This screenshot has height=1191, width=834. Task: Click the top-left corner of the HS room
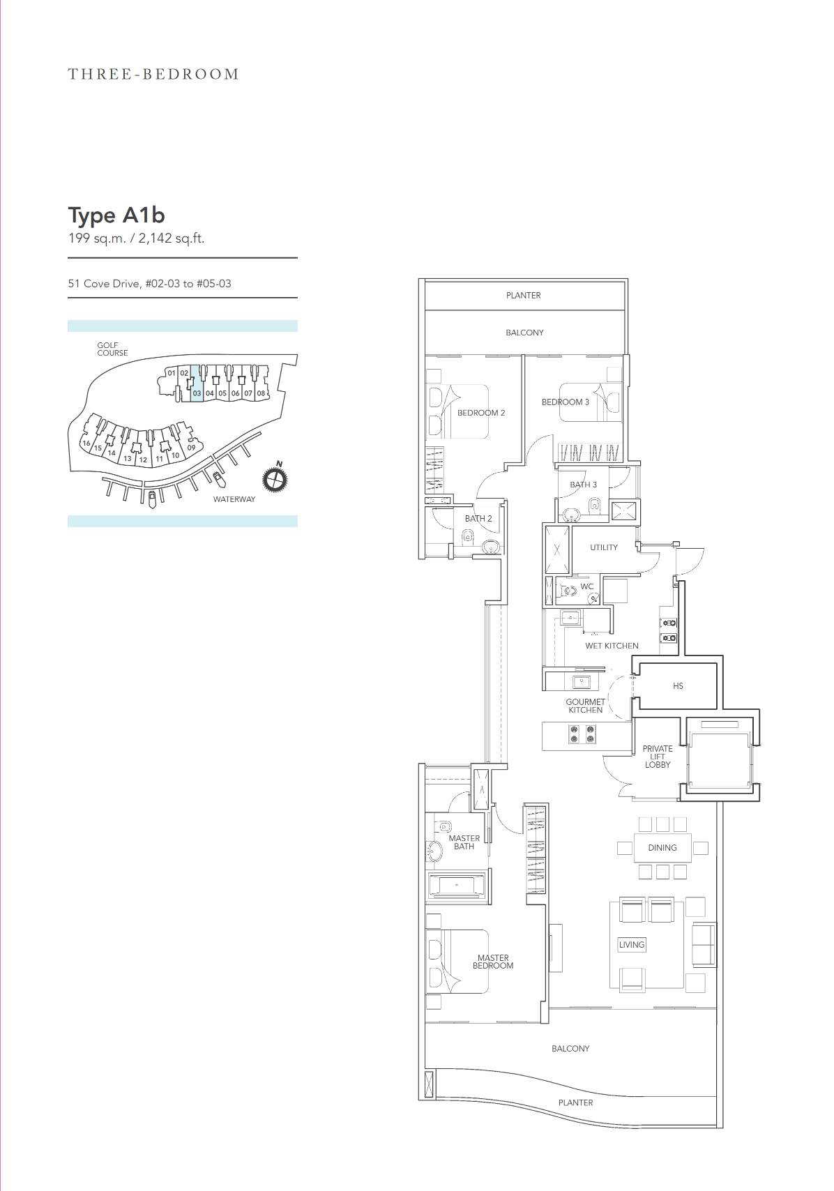click(638, 663)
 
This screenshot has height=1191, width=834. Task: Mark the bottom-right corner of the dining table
click(692, 861)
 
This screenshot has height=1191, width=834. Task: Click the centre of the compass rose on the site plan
click(275, 480)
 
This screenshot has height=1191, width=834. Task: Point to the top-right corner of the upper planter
click(627, 279)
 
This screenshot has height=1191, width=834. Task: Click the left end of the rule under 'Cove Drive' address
click(68, 298)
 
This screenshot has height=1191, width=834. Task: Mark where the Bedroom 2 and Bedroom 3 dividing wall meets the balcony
click(524, 355)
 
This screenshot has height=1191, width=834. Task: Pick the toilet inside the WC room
click(563, 590)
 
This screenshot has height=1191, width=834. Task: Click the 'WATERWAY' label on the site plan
click(234, 499)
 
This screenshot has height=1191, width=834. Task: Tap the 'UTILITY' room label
click(604, 547)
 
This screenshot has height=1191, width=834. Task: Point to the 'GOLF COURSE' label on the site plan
click(112, 349)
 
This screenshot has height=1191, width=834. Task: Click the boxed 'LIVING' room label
click(632, 945)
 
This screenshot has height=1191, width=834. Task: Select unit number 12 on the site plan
click(143, 460)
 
